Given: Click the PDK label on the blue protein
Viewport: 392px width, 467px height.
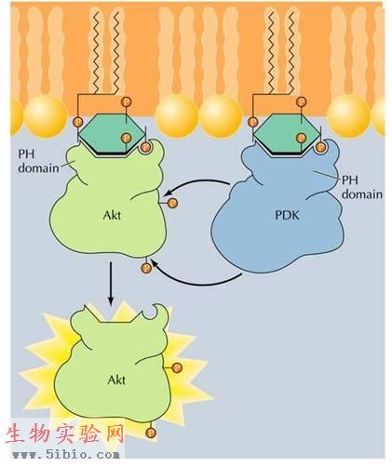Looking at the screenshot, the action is pos(287,215).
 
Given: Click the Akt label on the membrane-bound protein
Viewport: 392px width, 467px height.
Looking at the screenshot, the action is pos(112,215).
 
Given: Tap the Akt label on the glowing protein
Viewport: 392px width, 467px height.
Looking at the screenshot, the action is pos(116,380).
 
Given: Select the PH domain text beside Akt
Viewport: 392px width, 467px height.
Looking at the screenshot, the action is pos(38,161).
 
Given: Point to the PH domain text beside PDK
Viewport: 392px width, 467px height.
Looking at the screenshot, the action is pos(362,188).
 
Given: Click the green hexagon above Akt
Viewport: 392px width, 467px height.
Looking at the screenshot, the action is pos(112,134).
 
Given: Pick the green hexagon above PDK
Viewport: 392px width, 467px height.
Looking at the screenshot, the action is pos(286,134).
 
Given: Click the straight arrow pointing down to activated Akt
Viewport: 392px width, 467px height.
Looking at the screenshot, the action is pos(111,284).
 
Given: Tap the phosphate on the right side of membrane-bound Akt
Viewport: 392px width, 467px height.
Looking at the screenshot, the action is pos(172,203).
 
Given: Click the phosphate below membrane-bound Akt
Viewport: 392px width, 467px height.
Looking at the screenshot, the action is pos(146,268).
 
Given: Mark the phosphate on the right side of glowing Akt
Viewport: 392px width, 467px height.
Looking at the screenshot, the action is pos(177,367).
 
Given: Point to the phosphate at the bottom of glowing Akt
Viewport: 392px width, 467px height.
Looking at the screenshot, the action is pos(151,432).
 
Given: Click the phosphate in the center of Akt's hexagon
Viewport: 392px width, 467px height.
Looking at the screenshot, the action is pos(126,138).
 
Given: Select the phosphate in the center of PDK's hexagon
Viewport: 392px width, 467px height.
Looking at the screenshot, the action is pos(301,138).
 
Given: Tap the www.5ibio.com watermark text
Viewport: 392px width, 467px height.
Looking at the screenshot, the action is pos(65,455).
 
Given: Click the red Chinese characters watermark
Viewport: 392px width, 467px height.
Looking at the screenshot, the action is pos(64,434).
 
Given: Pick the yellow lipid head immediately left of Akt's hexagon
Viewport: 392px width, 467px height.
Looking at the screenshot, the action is pos(46,116).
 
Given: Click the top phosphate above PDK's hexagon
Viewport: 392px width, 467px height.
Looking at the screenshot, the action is pos(301,101).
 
